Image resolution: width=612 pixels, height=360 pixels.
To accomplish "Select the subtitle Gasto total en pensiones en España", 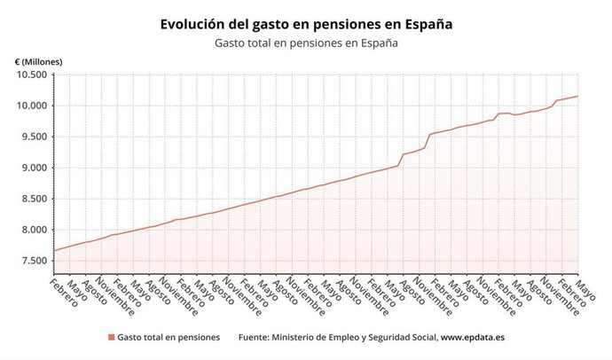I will point(305,43).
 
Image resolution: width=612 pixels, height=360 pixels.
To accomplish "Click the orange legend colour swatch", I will point(111,337).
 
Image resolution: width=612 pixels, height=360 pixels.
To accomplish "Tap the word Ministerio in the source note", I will point(302,337).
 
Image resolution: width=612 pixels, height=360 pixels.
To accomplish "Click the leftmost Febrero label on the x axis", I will point(64,292).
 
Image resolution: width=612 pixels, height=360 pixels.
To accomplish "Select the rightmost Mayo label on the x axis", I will point(585,286).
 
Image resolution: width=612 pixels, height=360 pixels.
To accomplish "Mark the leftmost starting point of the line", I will point(54,251).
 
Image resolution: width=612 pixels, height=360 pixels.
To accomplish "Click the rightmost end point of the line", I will point(577,96).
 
